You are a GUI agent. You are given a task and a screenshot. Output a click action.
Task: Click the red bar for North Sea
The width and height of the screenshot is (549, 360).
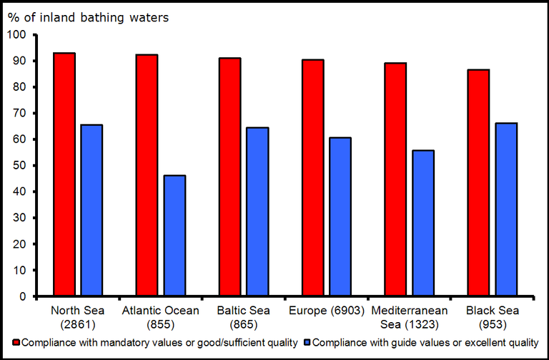(x=64, y=174)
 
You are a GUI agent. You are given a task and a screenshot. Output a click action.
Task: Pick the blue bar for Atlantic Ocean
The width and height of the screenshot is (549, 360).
(x=174, y=236)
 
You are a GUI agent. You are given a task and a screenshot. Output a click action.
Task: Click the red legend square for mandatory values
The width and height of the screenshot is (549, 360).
(x=17, y=342)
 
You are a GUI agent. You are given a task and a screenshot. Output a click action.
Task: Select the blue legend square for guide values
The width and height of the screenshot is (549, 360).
(x=307, y=342)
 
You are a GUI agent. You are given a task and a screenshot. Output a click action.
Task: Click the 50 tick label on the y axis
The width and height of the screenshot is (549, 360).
(x=20, y=166)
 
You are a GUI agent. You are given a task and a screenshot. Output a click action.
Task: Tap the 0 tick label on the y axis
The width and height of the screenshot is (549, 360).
(x=23, y=296)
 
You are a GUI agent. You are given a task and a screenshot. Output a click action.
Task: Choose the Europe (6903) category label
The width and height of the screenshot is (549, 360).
(x=327, y=311)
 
